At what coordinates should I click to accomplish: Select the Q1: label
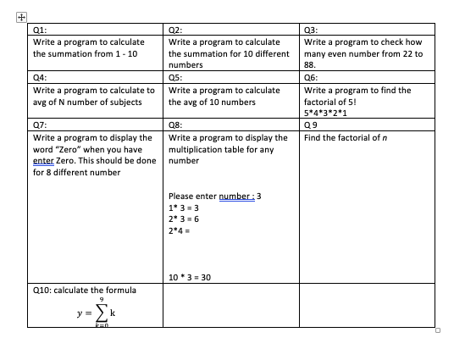40,29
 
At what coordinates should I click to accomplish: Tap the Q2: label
177,29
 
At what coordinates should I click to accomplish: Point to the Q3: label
311,29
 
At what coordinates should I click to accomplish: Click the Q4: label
40,78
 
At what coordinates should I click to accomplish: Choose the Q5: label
177,78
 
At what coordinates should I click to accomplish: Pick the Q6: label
311,78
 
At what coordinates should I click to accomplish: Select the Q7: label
40,125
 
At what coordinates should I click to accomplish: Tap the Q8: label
177,125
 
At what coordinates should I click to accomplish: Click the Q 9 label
311,125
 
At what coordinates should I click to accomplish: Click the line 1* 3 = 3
185,207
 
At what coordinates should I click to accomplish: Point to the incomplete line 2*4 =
182,230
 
